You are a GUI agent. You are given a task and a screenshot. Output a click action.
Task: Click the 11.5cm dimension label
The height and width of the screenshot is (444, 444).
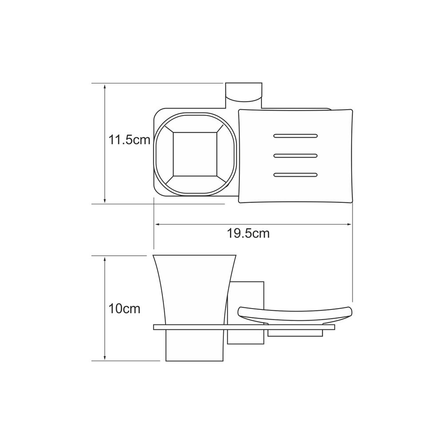tap(129, 140)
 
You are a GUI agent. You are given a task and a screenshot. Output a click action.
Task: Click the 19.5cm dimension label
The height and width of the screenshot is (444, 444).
tap(248, 234)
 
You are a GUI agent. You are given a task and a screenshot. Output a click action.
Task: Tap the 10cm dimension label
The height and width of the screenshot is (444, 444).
tap(124, 309)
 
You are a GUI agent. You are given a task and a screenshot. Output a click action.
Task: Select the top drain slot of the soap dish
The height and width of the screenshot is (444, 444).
tap(295, 136)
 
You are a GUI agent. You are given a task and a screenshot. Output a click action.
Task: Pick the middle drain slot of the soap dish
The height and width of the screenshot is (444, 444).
tap(295, 155)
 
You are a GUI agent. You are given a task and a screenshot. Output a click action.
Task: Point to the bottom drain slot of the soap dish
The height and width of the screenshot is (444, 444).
tap(295, 174)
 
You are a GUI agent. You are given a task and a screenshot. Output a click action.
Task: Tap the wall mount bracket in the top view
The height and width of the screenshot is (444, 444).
tap(243, 92)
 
